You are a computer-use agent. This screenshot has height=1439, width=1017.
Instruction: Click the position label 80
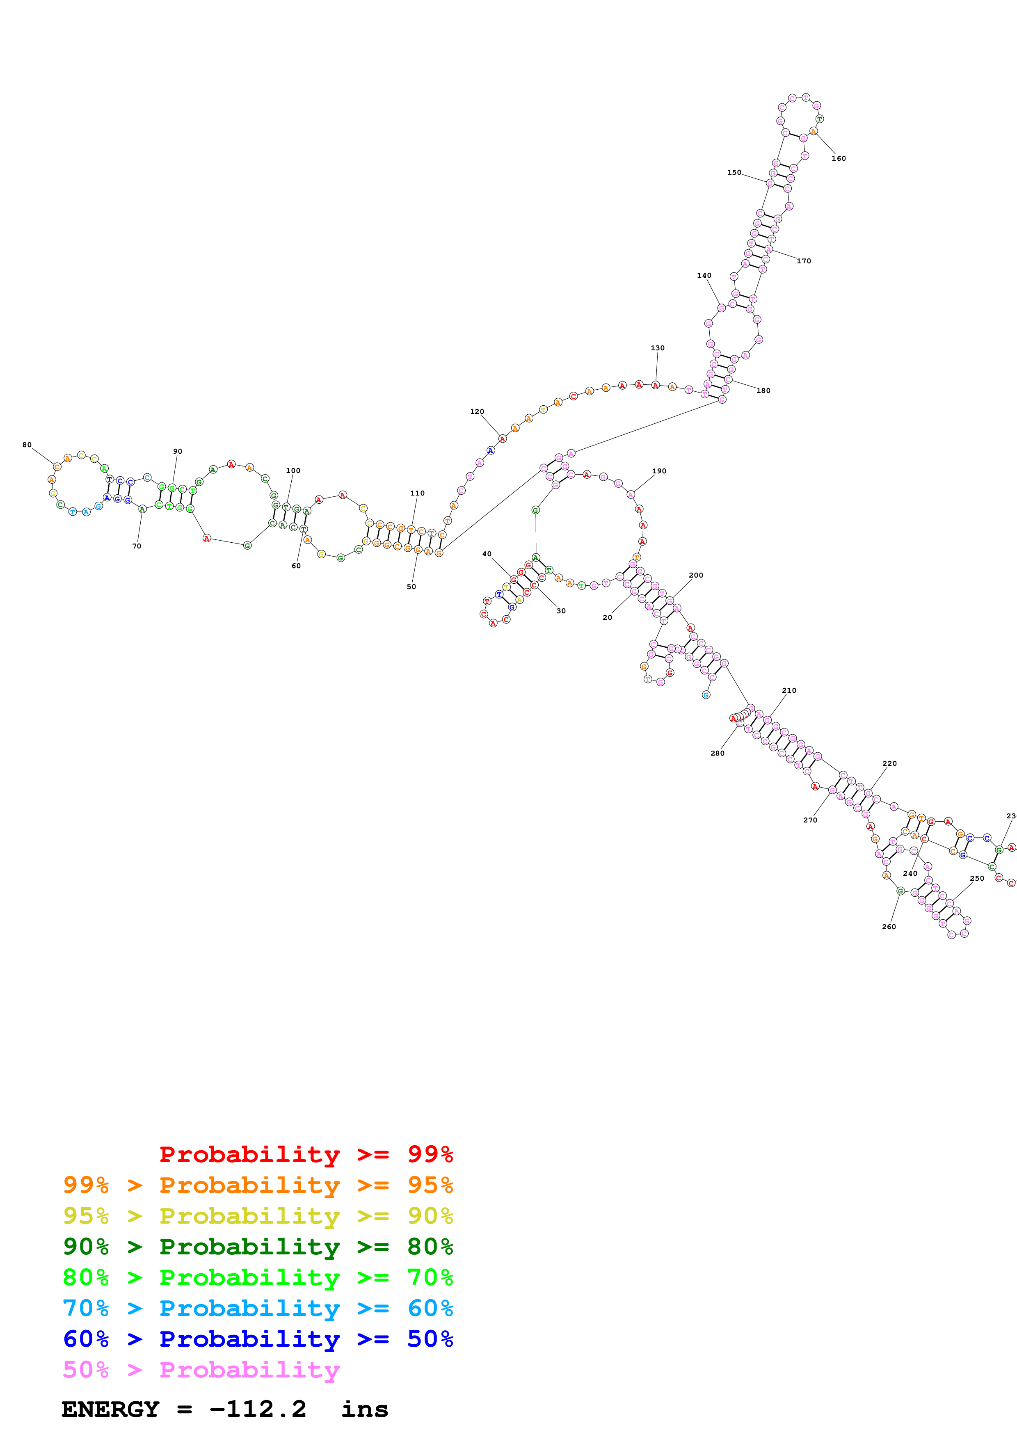tap(27, 445)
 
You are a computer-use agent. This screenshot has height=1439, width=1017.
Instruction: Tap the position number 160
tap(839, 159)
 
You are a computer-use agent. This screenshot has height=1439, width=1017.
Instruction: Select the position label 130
tap(657, 348)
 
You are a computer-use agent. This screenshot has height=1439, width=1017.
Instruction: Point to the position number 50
tap(411, 587)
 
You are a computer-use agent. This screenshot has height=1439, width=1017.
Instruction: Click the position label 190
tap(659, 471)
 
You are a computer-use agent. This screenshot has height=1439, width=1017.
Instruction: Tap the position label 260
tap(889, 926)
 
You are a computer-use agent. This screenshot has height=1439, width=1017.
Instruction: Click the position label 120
tap(477, 412)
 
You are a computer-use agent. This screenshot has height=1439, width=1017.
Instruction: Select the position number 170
tap(804, 261)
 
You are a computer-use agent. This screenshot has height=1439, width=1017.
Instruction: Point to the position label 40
tap(487, 554)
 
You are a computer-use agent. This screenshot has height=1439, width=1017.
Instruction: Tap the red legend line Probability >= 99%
tap(306, 1154)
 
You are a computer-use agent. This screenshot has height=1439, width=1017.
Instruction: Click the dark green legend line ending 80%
tap(258, 1247)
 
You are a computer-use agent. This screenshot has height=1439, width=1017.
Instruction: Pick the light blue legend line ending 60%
tap(258, 1308)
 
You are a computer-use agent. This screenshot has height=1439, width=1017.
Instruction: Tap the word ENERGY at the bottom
tap(110, 1409)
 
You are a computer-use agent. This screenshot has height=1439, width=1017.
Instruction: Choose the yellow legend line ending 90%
tap(258, 1216)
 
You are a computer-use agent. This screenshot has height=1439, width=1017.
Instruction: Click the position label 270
tap(810, 820)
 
